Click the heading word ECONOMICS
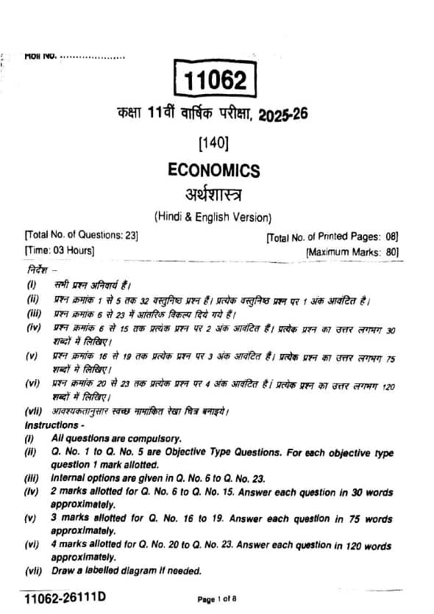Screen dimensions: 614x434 [213, 171]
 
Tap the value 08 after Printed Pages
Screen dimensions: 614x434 [391, 236]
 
